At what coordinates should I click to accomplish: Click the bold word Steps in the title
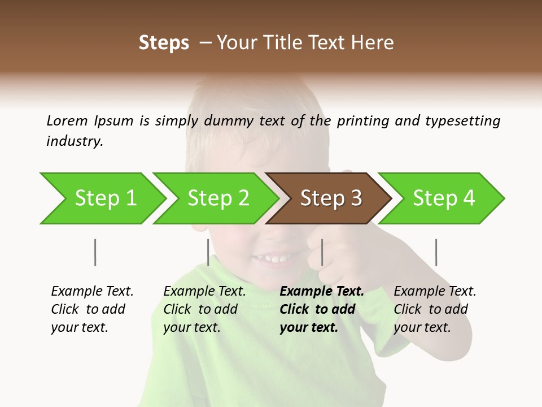164,43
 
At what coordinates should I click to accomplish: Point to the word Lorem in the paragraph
67,120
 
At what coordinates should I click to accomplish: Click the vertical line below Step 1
95,252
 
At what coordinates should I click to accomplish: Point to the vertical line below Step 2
208,252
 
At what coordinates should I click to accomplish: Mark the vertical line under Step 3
322,252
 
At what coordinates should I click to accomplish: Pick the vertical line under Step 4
436,252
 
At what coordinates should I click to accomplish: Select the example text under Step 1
92,309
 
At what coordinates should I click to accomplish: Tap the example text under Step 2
204,309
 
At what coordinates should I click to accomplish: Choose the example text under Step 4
435,309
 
